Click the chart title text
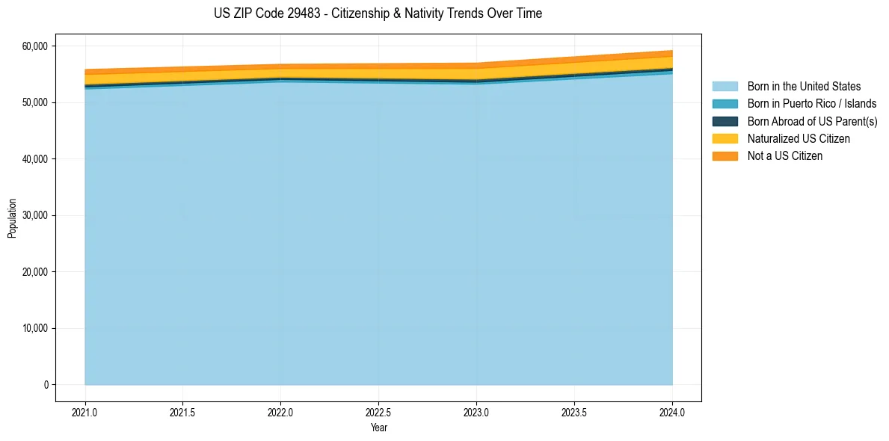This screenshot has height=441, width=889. [x=378, y=13]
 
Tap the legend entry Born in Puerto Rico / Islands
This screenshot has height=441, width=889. [x=811, y=104]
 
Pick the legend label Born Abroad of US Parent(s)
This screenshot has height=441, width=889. [x=812, y=121]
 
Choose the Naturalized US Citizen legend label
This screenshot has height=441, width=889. [x=799, y=138]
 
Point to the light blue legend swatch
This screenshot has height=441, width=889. [x=725, y=87]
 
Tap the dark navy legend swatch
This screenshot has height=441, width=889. [x=725, y=121]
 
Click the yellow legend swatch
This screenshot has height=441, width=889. [x=725, y=138]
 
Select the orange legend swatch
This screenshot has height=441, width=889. [x=725, y=156]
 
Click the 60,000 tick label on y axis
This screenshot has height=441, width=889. [x=34, y=46]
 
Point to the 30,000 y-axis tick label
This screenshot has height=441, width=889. [x=34, y=215]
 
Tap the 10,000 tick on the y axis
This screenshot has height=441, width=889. [x=34, y=328]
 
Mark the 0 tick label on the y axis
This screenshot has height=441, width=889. [x=45, y=385]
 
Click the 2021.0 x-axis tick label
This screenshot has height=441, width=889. [x=84, y=412]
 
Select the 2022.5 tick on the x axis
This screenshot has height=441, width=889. [x=378, y=412]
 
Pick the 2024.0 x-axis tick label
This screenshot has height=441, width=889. [x=672, y=412]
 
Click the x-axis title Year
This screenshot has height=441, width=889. [x=378, y=428]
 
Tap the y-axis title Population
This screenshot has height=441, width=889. [x=12, y=218]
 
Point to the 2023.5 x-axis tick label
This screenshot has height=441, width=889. [x=574, y=412]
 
